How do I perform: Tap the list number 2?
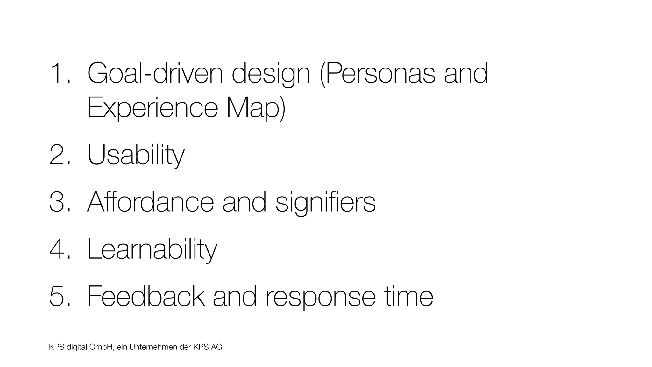[58, 155]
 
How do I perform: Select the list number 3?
[58, 202]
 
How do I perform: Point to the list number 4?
[58, 249]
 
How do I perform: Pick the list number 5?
[58, 296]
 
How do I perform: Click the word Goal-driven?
[155, 73]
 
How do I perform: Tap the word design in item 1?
[271, 74]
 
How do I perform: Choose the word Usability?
[136, 155]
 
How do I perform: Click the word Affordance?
[151, 202]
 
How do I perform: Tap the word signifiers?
[325, 202]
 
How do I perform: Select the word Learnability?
[152, 249]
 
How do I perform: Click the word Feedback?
[146, 296]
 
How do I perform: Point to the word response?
[320, 297]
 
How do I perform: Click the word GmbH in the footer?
[102, 347]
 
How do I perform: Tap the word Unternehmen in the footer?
[153, 347]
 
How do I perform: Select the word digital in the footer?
[77, 347]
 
